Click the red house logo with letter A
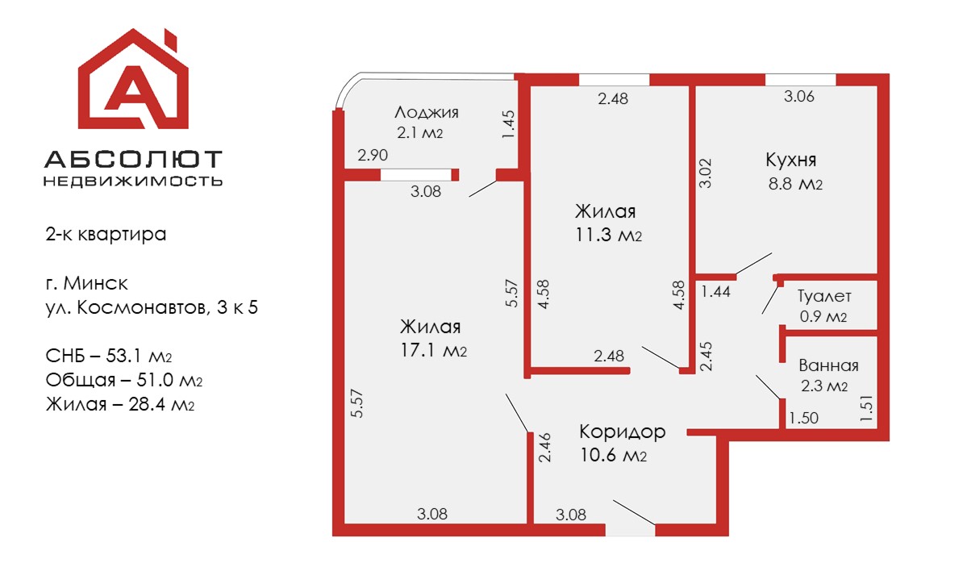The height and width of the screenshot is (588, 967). pyautogui.click(x=133, y=79)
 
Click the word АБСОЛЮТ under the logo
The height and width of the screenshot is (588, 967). pyautogui.click(x=133, y=159)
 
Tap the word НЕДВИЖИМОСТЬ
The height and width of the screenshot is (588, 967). pyautogui.click(x=133, y=181)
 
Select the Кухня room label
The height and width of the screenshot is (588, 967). pyautogui.click(x=790, y=160)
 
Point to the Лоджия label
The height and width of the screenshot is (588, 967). pyautogui.click(x=426, y=112)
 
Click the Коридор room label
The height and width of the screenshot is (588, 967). pyautogui.click(x=623, y=432)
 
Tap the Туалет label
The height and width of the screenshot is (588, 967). pyautogui.click(x=824, y=296)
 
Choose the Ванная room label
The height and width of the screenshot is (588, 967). pyautogui.click(x=828, y=365)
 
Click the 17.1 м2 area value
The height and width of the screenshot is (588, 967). pyautogui.click(x=434, y=350)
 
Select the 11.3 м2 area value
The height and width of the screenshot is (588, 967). pyautogui.click(x=609, y=235)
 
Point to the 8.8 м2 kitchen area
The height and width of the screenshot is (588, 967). pyautogui.click(x=795, y=184)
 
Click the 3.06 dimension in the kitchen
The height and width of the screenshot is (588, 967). pyautogui.click(x=799, y=96)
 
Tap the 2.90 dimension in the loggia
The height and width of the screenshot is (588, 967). pyautogui.click(x=373, y=155)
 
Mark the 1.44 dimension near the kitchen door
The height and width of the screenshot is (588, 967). pyautogui.click(x=716, y=291)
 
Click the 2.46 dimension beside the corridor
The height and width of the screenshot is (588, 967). pyautogui.click(x=544, y=448)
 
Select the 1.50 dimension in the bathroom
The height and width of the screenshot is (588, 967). pyautogui.click(x=803, y=418)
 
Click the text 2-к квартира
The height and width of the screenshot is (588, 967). pyautogui.click(x=106, y=235)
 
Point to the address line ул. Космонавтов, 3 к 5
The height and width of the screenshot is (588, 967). pyautogui.click(x=152, y=307)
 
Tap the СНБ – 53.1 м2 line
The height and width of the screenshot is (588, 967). pyautogui.click(x=109, y=356)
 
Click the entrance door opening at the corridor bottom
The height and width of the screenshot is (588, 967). pyautogui.click(x=630, y=529)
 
